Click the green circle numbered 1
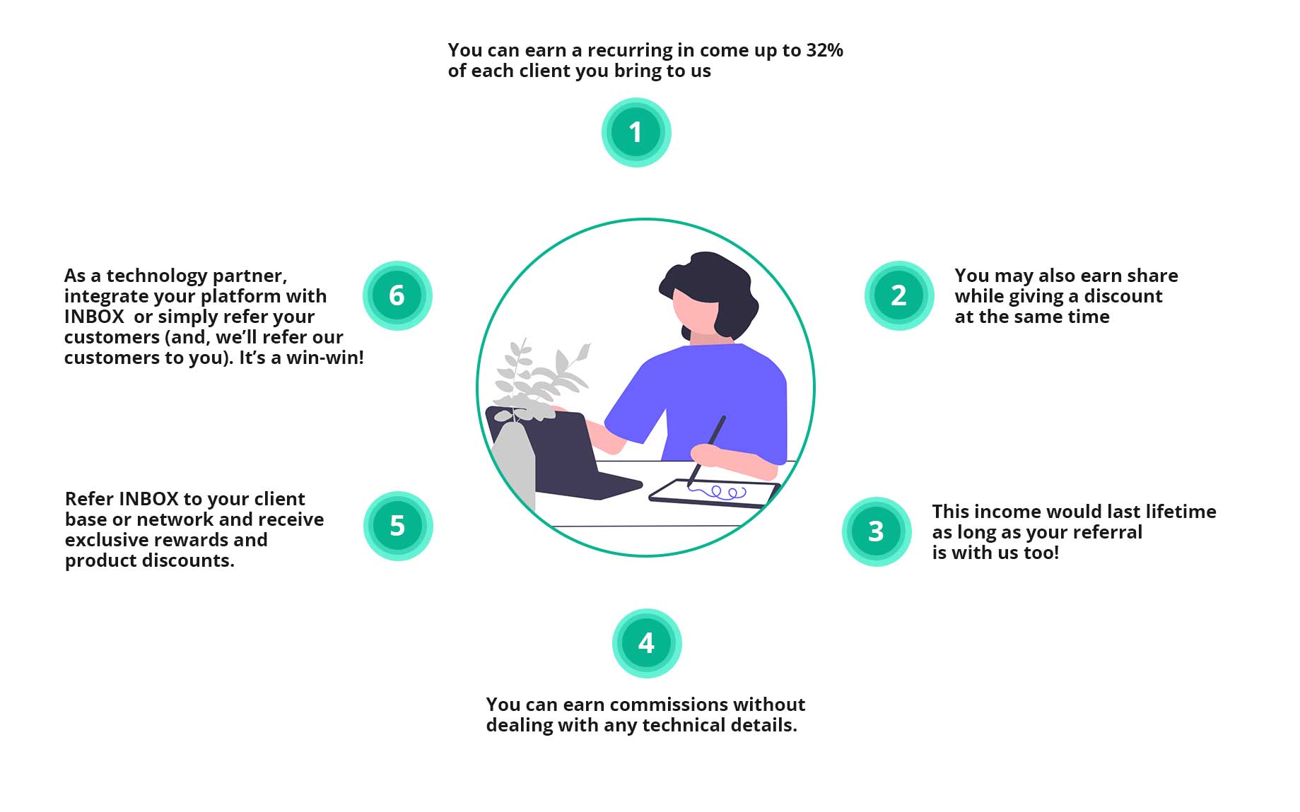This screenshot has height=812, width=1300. pyautogui.click(x=636, y=132)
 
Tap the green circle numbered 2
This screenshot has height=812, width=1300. pyautogui.click(x=898, y=295)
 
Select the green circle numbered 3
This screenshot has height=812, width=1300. pyautogui.click(x=876, y=531)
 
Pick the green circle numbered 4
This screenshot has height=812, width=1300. pyautogui.click(x=646, y=643)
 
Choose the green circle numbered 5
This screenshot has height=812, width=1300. pyautogui.click(x=397, y=526)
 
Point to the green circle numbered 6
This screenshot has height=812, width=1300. pyautogui.click(x=397, y=295)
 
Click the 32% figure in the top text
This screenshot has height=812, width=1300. pyautogui.click(x=824, y=50)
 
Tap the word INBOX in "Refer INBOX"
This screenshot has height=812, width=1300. pyautogui.click(x=148, y=499)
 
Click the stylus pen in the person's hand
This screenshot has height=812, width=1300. pyautogui.click(x=706, y=451)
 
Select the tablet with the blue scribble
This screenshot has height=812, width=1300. pyautogui.click(x=714, y=493)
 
